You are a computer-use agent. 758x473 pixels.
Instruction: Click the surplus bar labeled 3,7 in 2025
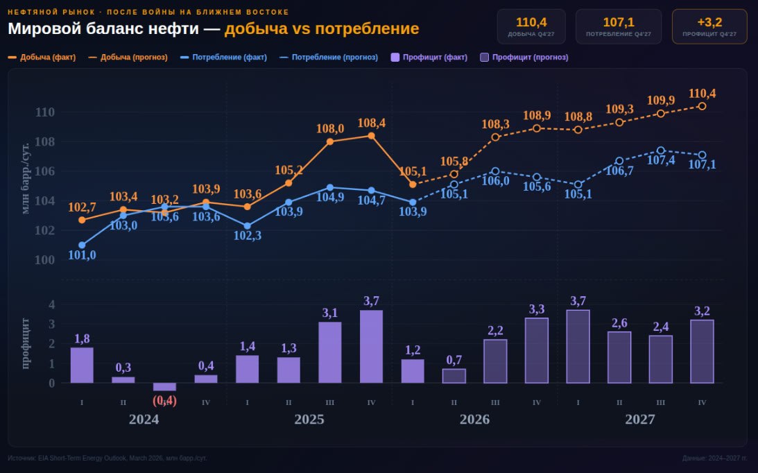[x=371, y=347]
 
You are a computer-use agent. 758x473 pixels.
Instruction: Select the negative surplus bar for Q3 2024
[x=164, y=387]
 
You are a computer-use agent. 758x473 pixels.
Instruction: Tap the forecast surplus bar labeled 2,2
[x=495, y=361]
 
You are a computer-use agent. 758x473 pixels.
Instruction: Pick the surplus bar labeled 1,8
[x=82, y=365]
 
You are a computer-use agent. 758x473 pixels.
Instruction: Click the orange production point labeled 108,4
[x=371, y=136]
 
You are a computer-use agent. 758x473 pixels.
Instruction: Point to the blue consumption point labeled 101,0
[x=82, y=245]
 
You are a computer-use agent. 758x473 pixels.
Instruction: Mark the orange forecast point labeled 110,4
[x=702, y=106]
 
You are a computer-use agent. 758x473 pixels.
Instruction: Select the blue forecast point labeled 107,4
[x=660, y=150]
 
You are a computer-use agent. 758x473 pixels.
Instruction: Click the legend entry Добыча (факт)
[x=42, y=58]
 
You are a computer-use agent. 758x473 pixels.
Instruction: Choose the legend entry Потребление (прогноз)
[x=330, y=58]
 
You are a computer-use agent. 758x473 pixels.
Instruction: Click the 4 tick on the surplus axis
[x=51, y=304]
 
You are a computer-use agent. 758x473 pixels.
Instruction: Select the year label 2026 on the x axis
[x=474, y=420]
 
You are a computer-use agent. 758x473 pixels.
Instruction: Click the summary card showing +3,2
[x=709, y=26]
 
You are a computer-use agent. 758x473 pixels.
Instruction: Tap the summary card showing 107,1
[x=618, y=26]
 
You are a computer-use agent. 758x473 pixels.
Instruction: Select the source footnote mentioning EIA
[x=107, y=458]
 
